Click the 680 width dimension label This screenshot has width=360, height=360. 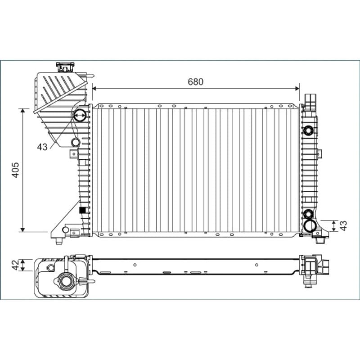tap(195, 82)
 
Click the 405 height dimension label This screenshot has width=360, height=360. tap(16, 170)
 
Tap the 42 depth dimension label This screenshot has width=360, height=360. tap(15, 265)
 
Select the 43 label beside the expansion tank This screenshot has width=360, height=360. tap(42, 147)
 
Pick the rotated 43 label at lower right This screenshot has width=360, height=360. tap(343, 226)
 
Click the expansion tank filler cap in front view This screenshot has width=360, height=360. tap(65, 67)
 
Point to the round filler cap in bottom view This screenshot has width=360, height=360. tap(66, 281)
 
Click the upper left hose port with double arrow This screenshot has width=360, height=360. tap(80, 116)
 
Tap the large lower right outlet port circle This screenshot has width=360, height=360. tap(310, 226)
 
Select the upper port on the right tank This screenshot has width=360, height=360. tap(308, 130)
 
